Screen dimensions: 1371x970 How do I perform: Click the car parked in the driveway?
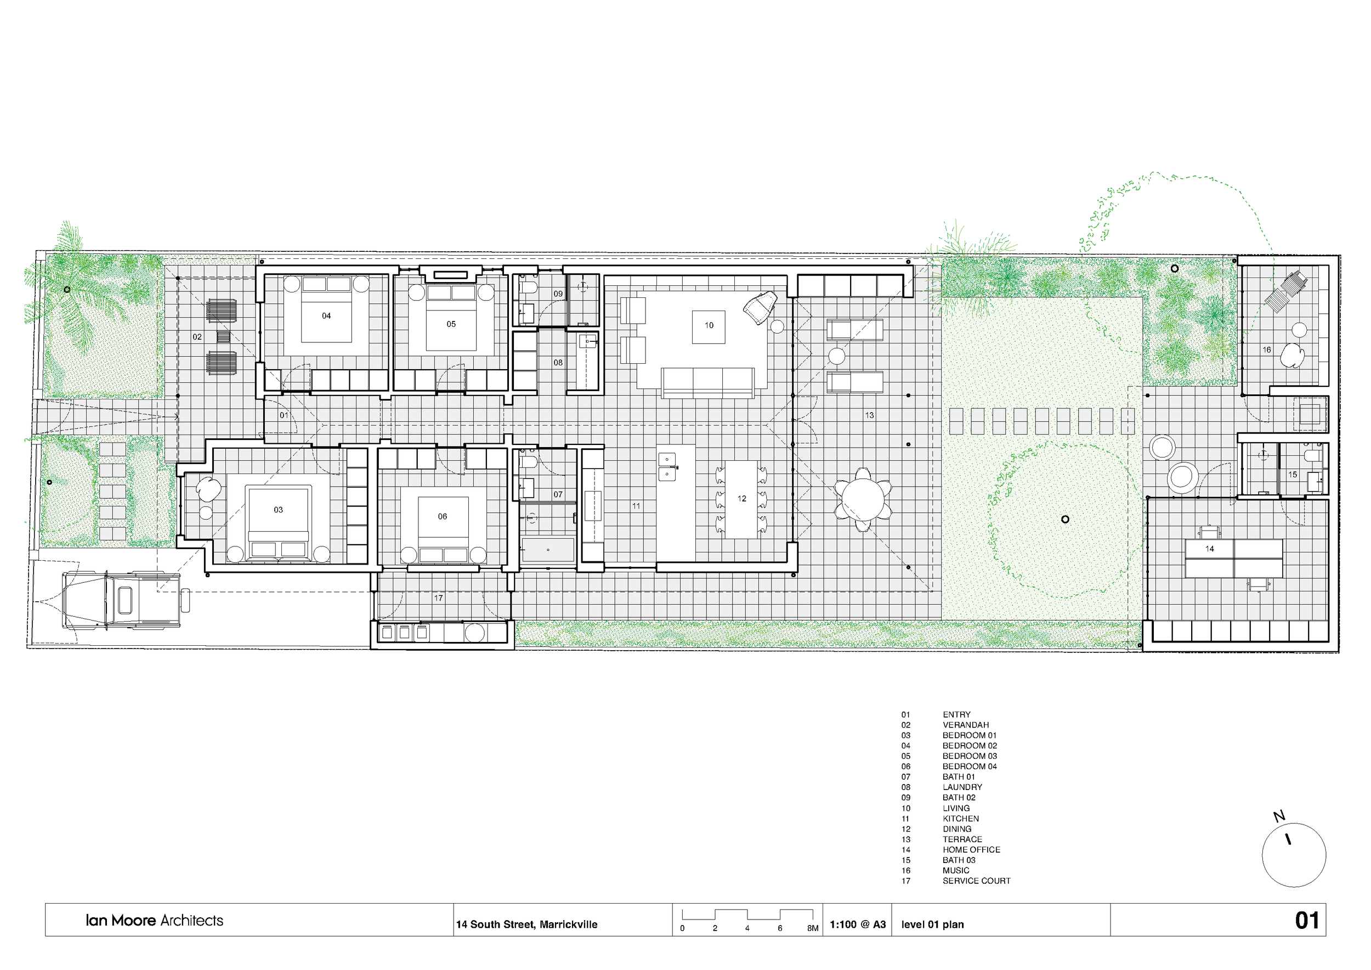pos(121,600)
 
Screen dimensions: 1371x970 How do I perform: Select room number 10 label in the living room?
pos(709,325)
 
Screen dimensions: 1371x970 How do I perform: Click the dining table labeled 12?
pos(741,499)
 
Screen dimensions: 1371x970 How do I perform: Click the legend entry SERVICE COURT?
pos(976,881)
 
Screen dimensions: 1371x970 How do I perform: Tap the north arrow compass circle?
pos(1294,855)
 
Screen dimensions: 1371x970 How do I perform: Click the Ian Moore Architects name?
pos(154,921)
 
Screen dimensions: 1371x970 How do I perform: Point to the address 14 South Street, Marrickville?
pos(526,924)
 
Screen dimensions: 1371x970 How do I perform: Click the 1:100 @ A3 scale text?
pos(858,924)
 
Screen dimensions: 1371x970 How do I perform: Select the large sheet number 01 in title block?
pos(1306,921)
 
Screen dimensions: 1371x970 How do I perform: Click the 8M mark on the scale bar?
pos(813,928)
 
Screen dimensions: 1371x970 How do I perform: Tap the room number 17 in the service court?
pos(438,598)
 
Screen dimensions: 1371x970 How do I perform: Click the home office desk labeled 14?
pos(1234,559)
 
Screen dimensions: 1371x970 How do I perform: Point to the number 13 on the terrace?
pos(869,415)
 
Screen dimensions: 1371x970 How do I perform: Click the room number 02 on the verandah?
pos(197,337)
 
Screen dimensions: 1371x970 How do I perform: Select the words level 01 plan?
pos(932,924)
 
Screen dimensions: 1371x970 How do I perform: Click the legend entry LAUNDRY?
pos(962,787)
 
